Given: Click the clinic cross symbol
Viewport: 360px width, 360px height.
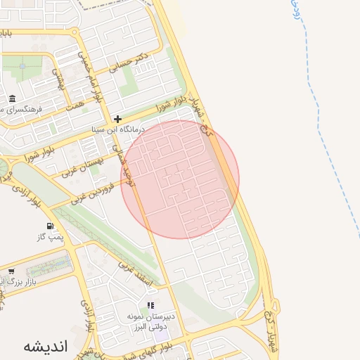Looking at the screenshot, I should [x=117, y=119].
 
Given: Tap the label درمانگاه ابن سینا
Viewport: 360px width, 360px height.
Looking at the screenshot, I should [x=118, y=130].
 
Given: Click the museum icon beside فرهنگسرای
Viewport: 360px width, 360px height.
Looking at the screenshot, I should [x=13, y=98].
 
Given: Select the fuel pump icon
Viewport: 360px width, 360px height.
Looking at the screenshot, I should [x=50, y=226].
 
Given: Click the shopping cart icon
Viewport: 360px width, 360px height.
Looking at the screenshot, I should [x=11, y=271].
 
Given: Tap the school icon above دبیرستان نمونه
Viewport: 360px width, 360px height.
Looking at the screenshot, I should [x=149, y=305].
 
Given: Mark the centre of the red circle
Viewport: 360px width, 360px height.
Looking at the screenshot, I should [x=180, y=179].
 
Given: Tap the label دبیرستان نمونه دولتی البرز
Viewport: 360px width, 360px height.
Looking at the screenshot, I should [x=150, y=323].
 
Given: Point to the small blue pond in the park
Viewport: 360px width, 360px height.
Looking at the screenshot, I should [x=22, y=66].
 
